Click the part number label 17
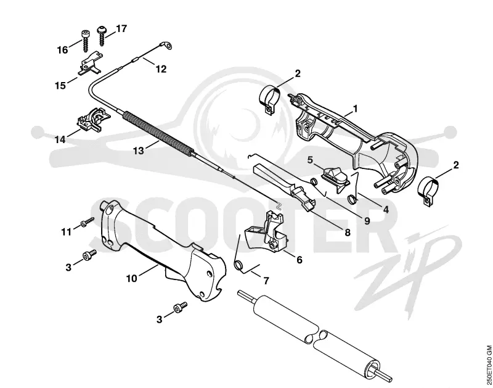pyautogui.click(x=121, y=28)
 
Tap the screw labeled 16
pyautogui.click(x=85, y=41)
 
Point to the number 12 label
pyautogui.click(x=161, y=69)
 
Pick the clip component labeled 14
pyautogui.click(x=94, y=120)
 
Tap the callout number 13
pyautogui.click(x=138, y=151)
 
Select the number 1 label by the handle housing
pyautogui.click(x=356, y=109)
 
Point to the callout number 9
pyautogui.click(x=367, y=221)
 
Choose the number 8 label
pyautogui.click(x=348, y=233)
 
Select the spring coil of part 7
pyautogui.click(x=239, y=265)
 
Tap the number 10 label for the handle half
pyautogui.click(x=132, y=278)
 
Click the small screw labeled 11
pyautogui.click(x=87, y=222)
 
